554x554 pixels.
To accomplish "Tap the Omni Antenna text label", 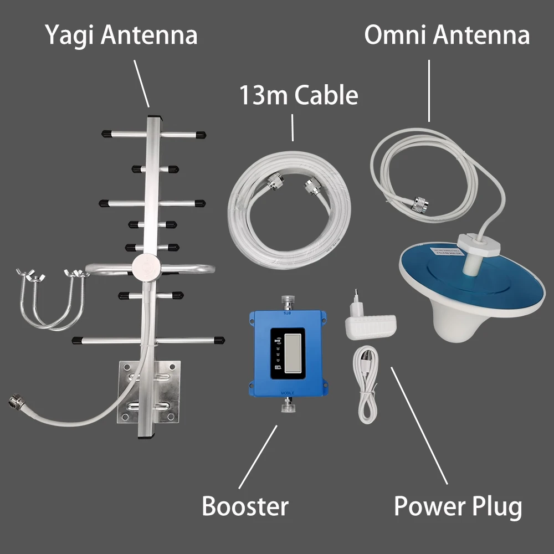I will [447, 36].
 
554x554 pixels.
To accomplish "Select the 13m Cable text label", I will [298, 95].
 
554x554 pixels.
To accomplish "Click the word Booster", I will [245, 506].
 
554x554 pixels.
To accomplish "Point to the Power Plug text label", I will [458, 506].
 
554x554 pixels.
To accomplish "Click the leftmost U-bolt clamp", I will [33, 299].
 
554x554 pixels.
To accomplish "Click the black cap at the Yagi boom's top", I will [156, 117].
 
